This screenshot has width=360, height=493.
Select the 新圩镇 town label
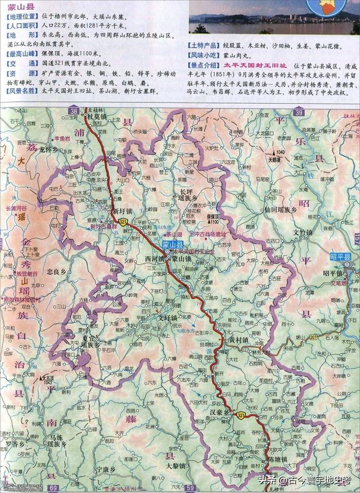pos(123,210)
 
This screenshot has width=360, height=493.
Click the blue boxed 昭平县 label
pos(340,257)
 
